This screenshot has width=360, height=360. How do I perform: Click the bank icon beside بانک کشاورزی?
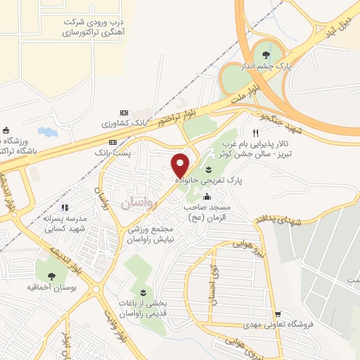[x=124, y=112]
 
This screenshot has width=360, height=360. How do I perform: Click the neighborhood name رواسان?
[x=137, y=203]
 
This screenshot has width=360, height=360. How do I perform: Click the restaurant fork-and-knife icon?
[x=256, y=132]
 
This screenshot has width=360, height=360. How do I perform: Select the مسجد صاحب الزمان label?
[x=209, y=212]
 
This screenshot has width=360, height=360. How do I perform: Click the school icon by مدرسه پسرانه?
[x=65, y=207]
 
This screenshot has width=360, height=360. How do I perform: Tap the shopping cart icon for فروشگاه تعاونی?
[x=278, y=313]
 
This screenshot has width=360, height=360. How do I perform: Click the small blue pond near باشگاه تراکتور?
[x=46, y=131]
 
